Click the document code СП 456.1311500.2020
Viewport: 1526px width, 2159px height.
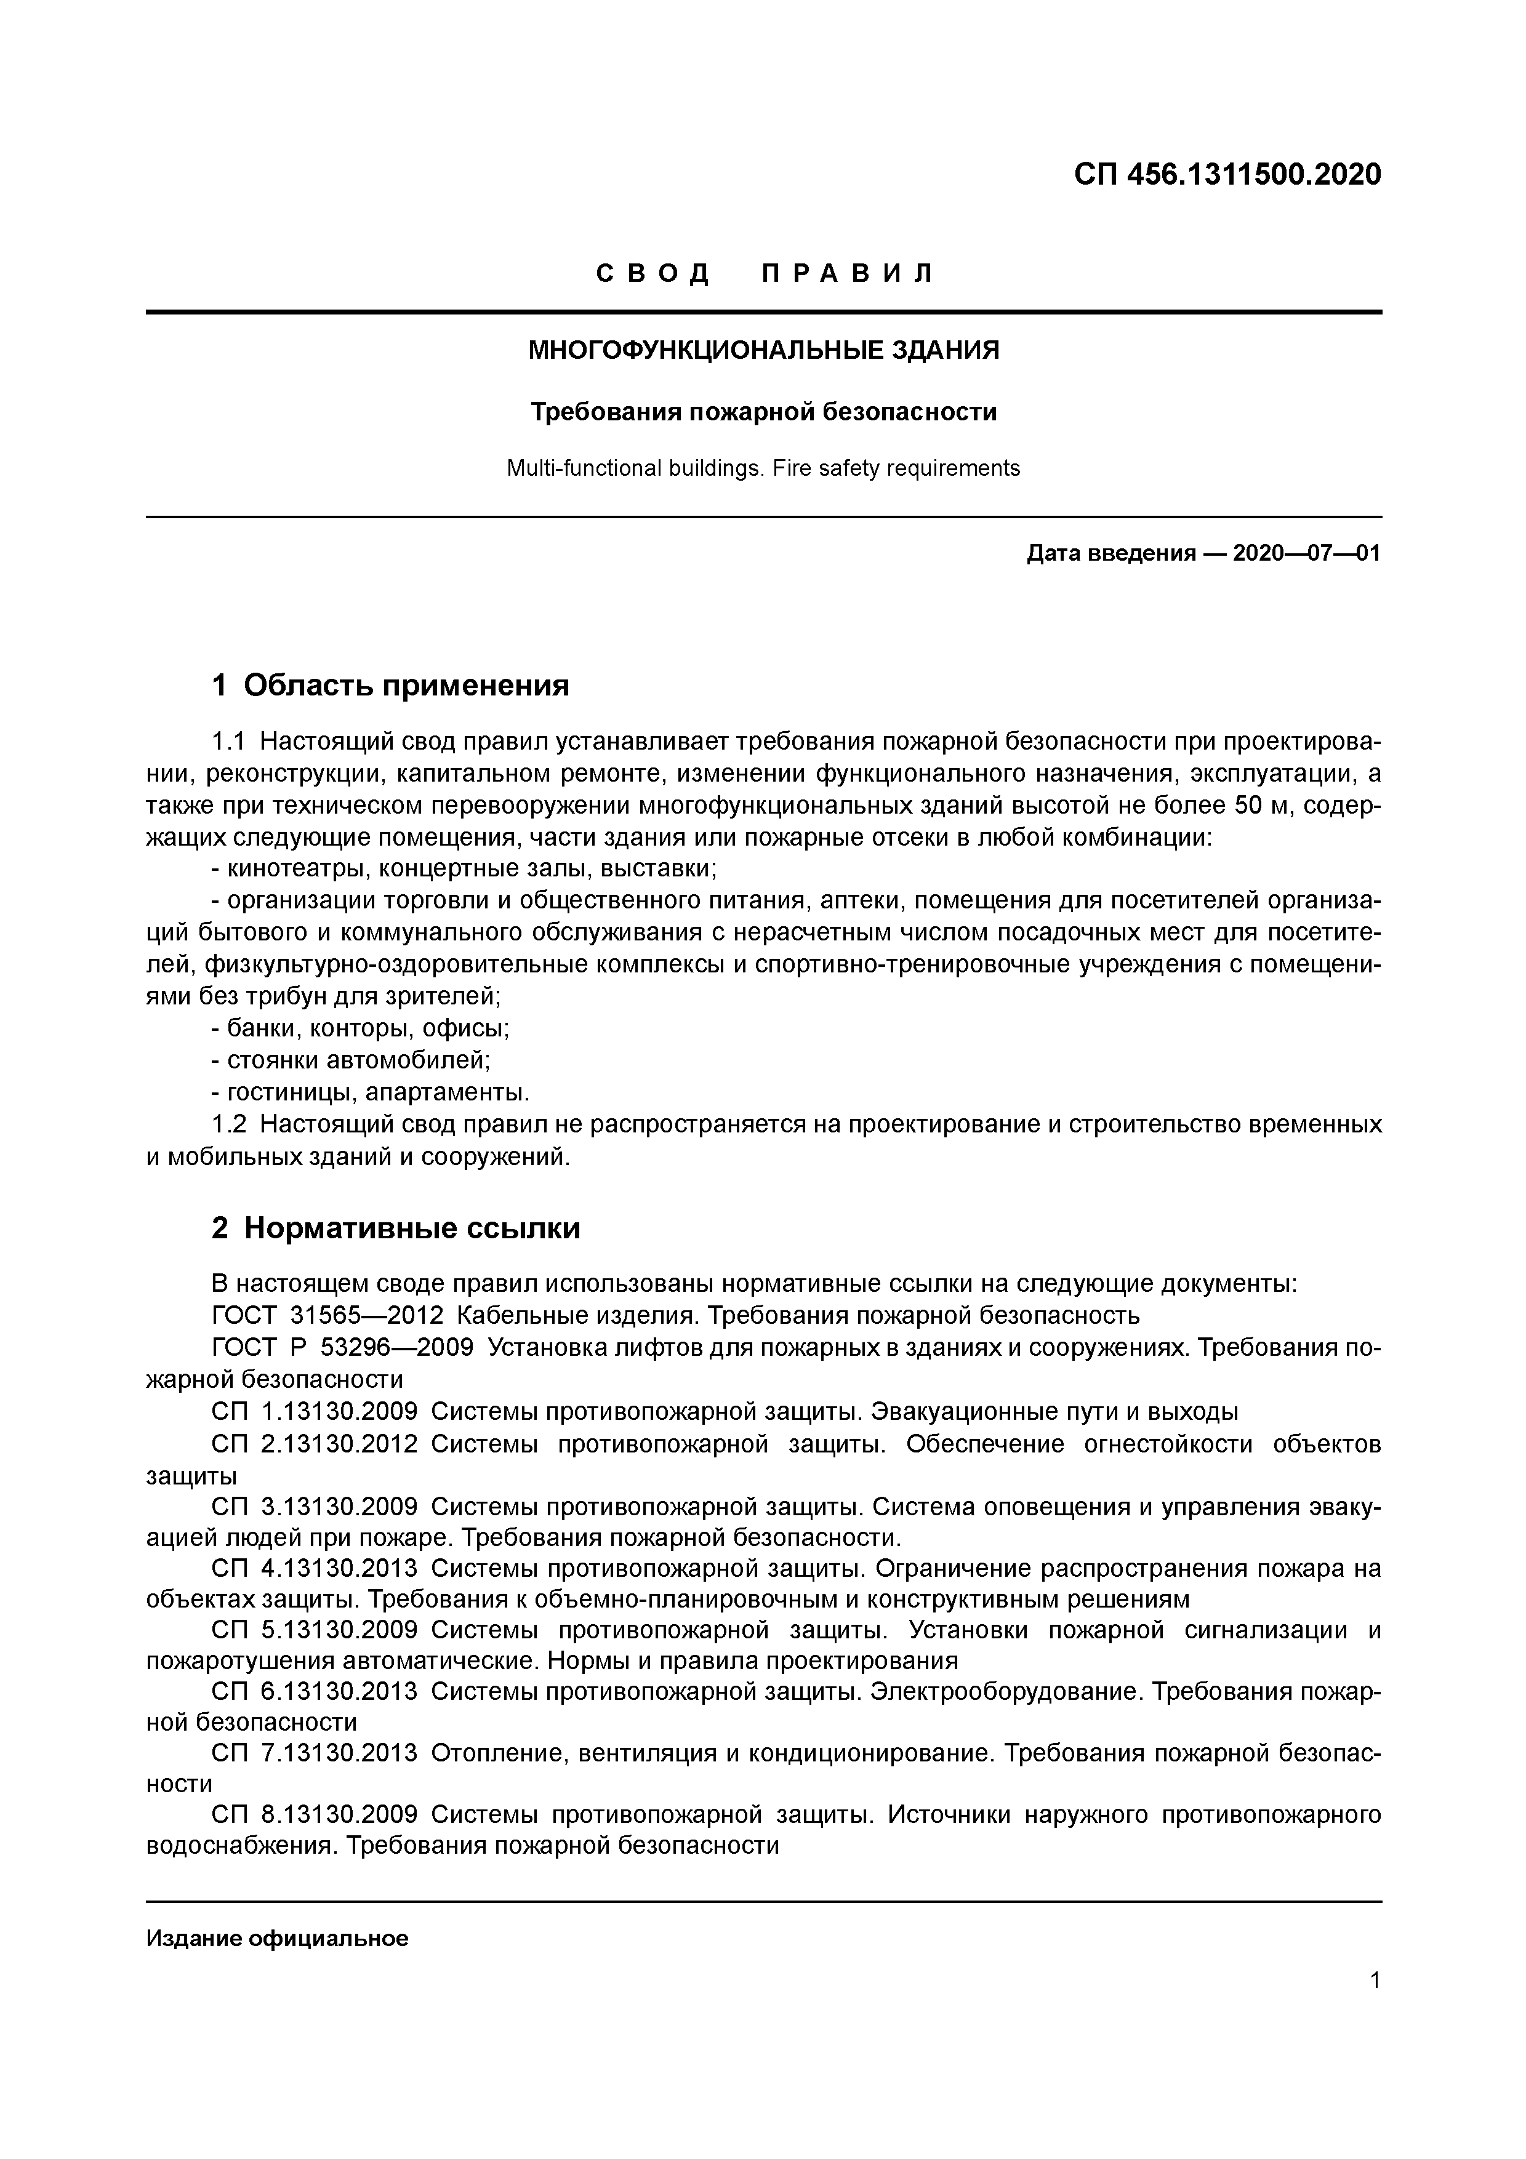point(1227,175)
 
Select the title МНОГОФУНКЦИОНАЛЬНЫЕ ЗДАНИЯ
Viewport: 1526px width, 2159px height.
point(763,351)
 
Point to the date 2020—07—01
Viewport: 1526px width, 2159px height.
point(1306,553)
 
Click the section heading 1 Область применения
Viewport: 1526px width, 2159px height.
point(390,686)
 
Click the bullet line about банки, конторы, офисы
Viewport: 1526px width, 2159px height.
point(361,1028)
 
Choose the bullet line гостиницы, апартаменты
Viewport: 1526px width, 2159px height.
point(371,1092)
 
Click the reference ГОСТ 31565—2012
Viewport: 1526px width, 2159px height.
point(327,1315)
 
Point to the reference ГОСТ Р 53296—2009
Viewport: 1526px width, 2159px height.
point(342,1347)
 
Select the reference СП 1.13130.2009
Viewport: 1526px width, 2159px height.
point(314,1411)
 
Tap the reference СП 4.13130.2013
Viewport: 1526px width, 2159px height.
point(314,1568)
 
